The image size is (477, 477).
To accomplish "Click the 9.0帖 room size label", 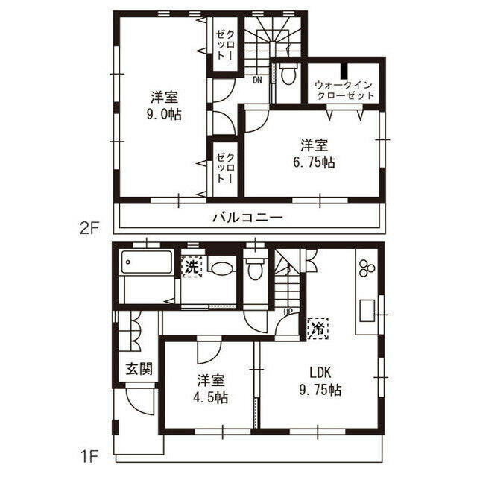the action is click(164, 115).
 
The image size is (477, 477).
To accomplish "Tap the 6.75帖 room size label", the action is click(314, 162).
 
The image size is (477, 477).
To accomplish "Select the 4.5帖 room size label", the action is click(210, 397).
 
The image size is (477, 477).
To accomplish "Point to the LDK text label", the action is click(320, 373).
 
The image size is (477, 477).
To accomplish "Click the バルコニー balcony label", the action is click(247, 218).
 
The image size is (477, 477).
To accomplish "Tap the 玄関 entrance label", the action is click(139, 369).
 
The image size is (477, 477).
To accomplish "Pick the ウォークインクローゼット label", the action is click(344, 90).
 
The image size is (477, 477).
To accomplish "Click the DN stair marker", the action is click(257, 80).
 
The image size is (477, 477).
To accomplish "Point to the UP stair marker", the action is click(288, 312).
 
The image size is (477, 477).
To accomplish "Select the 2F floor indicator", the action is click(90, 229).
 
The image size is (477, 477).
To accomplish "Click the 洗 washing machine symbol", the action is click(192, 267).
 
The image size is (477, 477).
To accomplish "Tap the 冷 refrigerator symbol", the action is click(318, 329).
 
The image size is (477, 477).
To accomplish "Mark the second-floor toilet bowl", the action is click(288, 73).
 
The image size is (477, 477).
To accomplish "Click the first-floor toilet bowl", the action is click(253, 268).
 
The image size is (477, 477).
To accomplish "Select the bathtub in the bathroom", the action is click(147, 262).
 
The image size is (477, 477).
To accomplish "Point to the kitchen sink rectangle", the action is click(367, 310).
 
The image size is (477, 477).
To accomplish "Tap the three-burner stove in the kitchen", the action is click(367, 268).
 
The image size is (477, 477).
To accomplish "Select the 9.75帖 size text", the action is click(320, 390).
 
